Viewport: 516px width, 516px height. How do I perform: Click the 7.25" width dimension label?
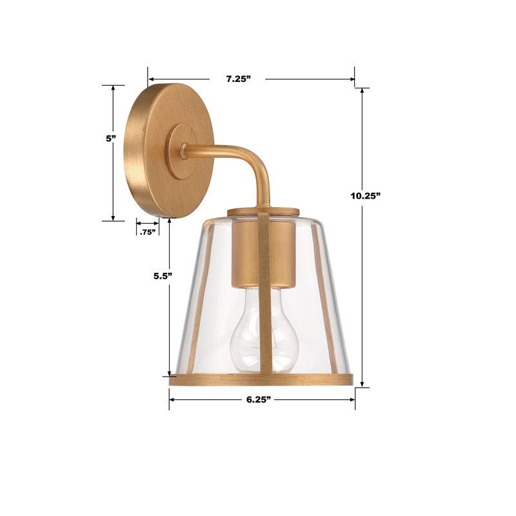[x=237, y=79]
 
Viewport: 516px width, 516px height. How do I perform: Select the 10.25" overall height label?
[x=365, y=195]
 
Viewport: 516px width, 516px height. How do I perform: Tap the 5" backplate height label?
[x=111, y=138]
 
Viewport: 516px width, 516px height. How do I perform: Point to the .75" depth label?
[x=148, y=232]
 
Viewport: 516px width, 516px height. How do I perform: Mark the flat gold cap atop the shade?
[x=264, y=211]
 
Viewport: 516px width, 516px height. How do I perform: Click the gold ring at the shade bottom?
[x=261, y=379]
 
